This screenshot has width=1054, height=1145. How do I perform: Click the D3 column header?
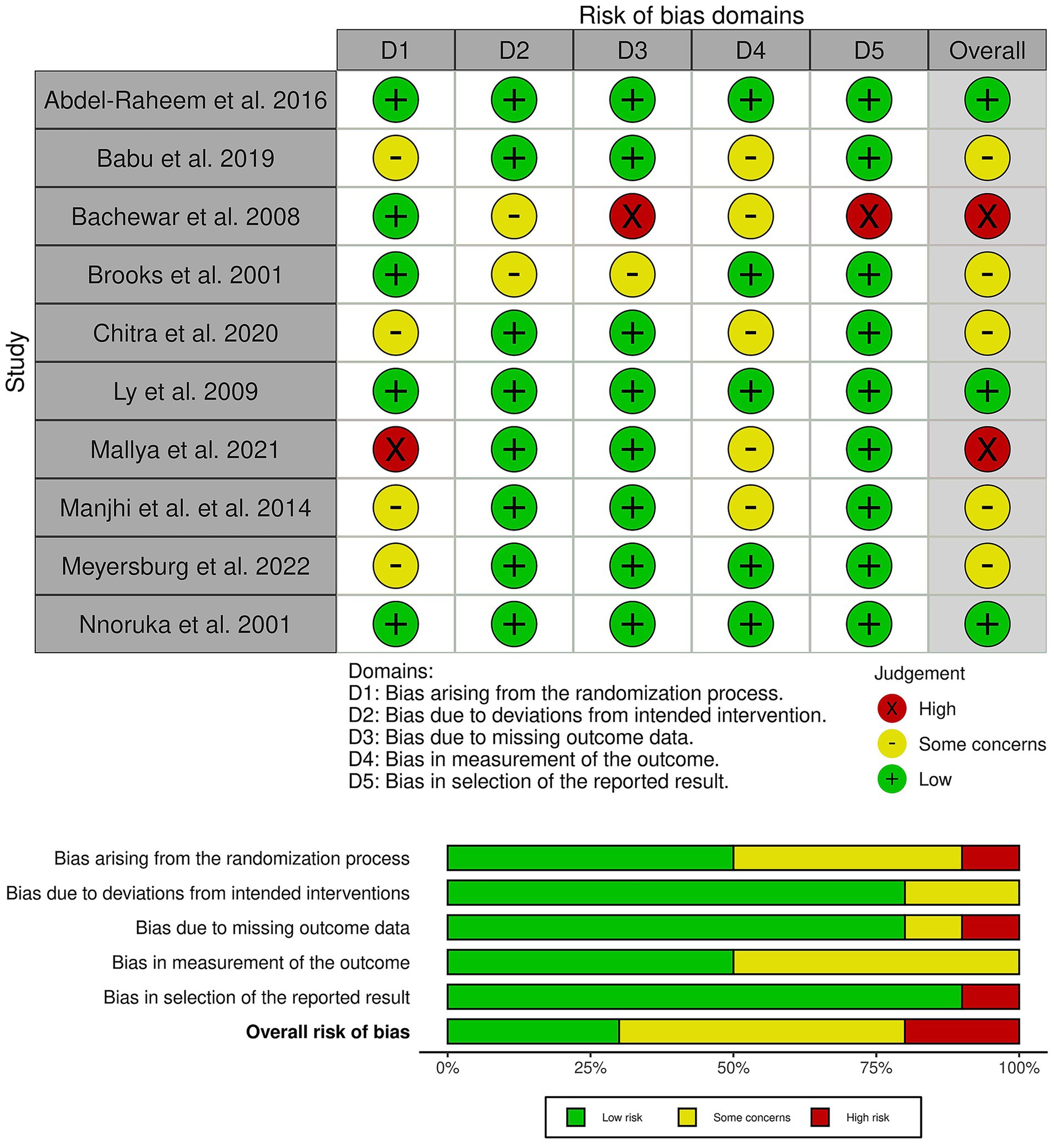632,51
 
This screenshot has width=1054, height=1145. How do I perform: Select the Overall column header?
987,51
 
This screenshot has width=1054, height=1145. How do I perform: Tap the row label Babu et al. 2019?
185,158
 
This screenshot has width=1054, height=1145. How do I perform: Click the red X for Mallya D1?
395,449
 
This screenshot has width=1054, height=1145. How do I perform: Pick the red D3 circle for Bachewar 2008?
632,216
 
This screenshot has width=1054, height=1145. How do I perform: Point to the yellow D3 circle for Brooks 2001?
632,275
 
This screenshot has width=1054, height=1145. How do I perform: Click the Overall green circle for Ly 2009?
987,391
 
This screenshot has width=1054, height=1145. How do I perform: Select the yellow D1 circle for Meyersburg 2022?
395,566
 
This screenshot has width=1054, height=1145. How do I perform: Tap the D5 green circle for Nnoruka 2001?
869,624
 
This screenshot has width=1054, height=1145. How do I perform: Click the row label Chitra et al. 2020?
185,333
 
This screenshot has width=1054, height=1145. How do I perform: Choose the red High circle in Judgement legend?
892,708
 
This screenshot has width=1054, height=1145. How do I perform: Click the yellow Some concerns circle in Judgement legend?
892,744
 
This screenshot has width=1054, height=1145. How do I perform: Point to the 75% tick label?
876,1067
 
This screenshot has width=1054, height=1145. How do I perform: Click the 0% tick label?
448,1067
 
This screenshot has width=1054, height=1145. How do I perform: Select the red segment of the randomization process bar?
990,858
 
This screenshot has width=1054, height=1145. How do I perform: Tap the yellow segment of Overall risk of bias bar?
761,1031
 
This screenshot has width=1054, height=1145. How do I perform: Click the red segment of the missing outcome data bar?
990,927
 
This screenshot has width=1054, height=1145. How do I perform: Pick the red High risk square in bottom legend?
819,1117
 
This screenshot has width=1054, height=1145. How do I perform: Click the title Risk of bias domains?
691,15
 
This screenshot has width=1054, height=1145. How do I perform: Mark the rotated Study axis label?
16,361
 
